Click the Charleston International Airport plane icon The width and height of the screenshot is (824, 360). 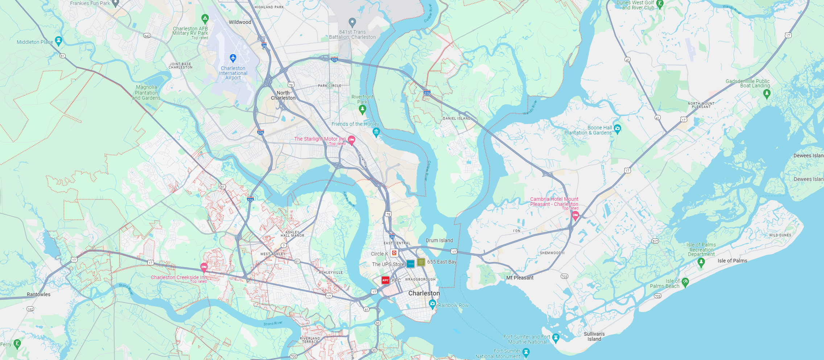tap(233, 58)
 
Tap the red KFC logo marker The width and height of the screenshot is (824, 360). tap(385, 280)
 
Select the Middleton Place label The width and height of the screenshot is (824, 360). tap(35, 42)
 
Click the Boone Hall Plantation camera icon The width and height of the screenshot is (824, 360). tap(617, 128)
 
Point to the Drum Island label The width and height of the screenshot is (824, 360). tap(439, 240)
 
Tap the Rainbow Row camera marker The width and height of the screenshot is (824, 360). tap(432, 304)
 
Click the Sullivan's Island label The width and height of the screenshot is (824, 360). tap(594, 336)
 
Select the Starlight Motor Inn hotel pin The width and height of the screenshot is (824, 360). tap(351, 140)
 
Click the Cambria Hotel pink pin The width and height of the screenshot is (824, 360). tap(575, 215)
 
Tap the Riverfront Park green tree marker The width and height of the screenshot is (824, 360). tap(362, 109)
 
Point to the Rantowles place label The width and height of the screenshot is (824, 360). tap(38, 294)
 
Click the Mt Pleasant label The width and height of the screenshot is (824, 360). tap(520, 278)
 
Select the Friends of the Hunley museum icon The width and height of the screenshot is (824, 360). tap(376, 132)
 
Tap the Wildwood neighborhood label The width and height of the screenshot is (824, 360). tap(240, 22)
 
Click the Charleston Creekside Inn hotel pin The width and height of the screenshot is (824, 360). tap(204, 268)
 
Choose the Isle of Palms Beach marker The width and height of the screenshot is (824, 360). tap(685, 282)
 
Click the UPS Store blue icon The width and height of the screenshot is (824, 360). tap(411, 264)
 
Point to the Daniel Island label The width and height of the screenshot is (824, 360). tap(456, 119)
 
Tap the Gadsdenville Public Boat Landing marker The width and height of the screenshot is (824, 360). tap(766, 94)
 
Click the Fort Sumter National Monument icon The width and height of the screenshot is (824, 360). tap(526, 352)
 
